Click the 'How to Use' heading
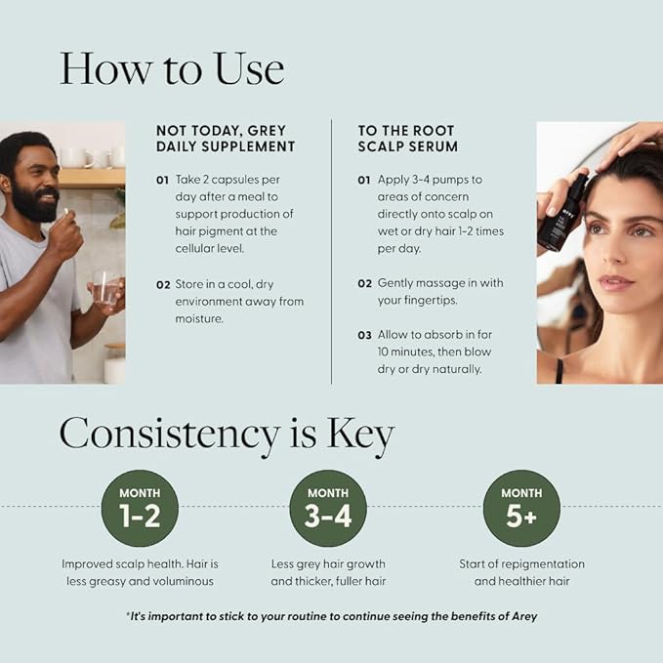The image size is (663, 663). [x=172, y=68]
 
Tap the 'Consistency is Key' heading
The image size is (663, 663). [x=227, y=434]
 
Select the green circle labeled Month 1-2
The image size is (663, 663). [x=140, y=508]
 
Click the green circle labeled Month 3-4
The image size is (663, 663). [x=328, y=508]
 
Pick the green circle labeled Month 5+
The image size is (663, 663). [x=521, y=508]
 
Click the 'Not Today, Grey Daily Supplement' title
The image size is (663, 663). [x=226, y=138]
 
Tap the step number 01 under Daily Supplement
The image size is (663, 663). [x=163, y=181]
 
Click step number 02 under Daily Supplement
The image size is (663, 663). [x=163, y=284]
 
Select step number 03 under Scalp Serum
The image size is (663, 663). [x=364, y=335]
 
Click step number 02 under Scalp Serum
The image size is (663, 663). [x=364, y=283]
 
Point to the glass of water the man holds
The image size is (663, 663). [x=105, y=289]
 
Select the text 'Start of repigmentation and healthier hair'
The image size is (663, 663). [x=521, y=572]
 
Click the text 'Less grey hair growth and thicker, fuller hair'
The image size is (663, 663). [x=328, y=572]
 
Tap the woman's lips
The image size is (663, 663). [x=617, y=282]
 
